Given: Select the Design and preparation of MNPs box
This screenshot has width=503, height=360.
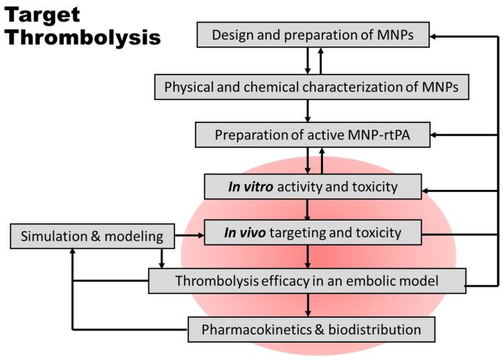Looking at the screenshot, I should pos(313,35).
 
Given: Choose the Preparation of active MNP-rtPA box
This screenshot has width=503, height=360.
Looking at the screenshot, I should pos(313,134).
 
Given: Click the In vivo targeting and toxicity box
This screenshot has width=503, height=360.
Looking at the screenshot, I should pos(314,233).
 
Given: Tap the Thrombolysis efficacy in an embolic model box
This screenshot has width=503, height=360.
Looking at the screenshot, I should pos(307,281).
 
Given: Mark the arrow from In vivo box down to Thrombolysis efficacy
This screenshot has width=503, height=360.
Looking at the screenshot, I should pos(308,257).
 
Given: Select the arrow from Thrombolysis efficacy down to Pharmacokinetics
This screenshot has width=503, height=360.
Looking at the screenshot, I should pos(308,306).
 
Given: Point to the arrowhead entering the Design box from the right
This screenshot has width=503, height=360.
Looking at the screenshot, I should pos(435,35).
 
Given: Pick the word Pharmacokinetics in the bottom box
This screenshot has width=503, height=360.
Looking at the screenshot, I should pos(248,330).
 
